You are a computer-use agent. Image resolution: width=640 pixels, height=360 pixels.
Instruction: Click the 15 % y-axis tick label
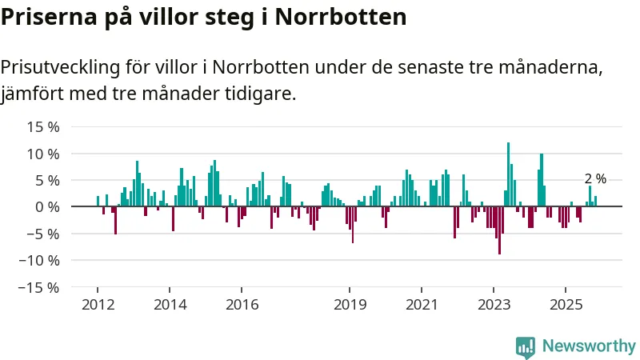coord(43,126)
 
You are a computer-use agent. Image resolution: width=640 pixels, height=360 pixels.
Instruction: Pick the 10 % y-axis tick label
coord(43,154)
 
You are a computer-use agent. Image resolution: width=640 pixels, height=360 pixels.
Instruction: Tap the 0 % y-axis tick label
coord(47,206)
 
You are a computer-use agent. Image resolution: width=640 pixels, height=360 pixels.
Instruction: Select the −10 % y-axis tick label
coord(40,260)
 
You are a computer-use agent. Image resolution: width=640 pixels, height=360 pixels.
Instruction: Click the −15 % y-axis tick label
coord(40,286)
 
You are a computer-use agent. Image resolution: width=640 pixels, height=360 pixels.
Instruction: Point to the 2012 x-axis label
coord(97,305)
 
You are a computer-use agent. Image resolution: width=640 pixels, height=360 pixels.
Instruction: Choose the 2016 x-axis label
coord(242,305)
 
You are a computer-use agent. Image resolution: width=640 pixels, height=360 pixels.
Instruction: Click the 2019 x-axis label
coord(350,305)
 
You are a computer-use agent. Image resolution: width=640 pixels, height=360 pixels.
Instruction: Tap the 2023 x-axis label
coord(494,305)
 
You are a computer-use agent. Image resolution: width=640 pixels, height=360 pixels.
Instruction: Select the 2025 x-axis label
coord(566,305)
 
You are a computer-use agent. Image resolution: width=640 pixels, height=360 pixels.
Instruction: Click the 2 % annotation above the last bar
coord(595,179)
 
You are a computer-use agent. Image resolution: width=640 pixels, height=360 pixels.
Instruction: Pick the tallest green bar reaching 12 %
coord(508,174)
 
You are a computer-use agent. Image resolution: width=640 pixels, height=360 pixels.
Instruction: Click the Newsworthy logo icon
coord(526,346)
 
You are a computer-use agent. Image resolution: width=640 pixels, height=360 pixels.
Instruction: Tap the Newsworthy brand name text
coord(589,346)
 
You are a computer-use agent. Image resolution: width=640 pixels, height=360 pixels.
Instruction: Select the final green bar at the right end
coord(595,201)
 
